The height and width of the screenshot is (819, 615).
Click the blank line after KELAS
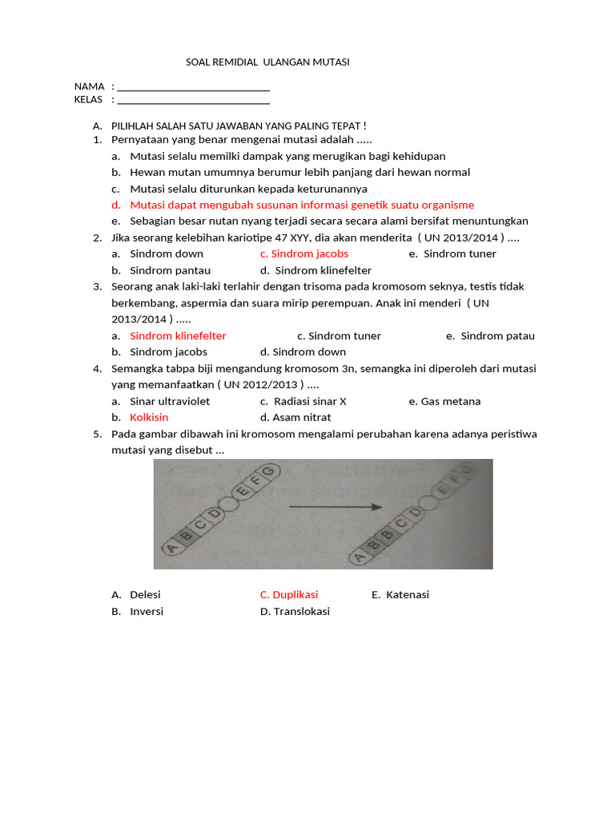tap(193, 102)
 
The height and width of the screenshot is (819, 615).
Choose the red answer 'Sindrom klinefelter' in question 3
tap(178, 336)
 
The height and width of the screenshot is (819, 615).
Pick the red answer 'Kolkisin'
tap(149, 417)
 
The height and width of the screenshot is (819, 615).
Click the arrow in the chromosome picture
tap(333, 506)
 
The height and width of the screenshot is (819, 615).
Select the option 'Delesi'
tap(145, 594)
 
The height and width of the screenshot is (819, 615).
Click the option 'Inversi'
tap(147, 611)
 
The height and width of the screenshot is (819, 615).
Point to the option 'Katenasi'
tap(407, 594)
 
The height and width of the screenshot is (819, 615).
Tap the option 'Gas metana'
tap(450, 402)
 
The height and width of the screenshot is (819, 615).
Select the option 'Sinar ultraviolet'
tap(170, 402)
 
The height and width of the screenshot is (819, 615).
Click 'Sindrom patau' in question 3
tap(497, 336)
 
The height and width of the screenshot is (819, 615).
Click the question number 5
tap(97, 434)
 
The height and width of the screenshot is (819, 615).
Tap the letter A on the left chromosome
tap(171, 548)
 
